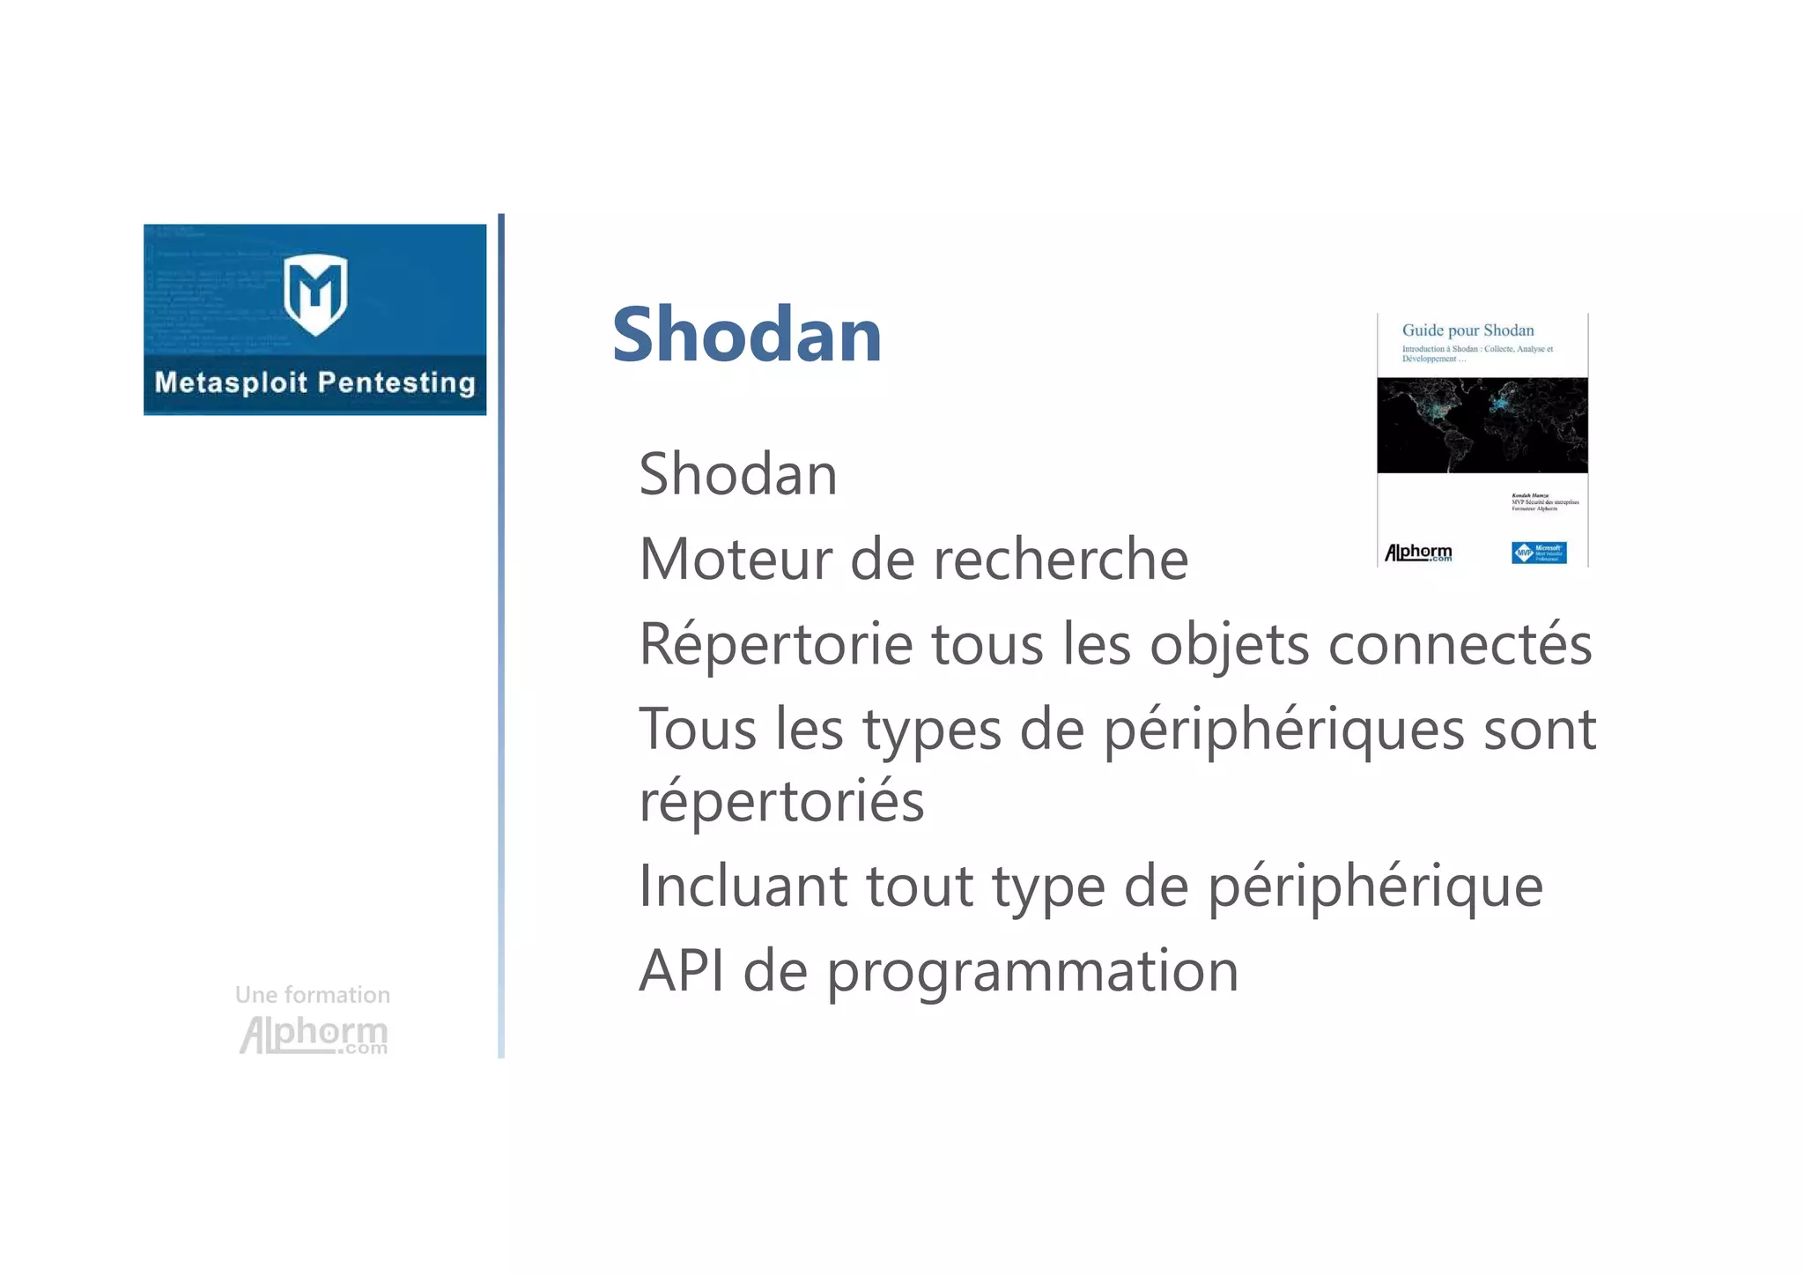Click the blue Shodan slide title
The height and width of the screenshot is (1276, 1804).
[x=746, y=335]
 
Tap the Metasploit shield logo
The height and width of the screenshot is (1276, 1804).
[x=315, y=294]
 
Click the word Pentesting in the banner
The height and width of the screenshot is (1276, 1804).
[x=396, y=382]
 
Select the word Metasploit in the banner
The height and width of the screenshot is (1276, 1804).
[x=231, y=382]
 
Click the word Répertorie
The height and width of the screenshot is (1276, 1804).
[x=775, y=644]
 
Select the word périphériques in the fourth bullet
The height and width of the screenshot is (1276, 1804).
[x=1283, y=731]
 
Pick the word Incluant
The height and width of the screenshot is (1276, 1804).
[x=743, y=886]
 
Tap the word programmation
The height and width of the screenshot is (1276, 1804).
[x=1031, y=972]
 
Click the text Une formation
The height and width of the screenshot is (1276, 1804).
[x=312, y=995]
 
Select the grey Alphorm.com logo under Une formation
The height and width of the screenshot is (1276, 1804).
[x=314, y=1035]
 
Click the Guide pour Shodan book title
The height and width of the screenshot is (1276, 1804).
[x=1468, y=330]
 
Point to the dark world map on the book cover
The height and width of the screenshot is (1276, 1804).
[x=1482, y=425]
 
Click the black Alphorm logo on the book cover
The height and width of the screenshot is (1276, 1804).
[x=1418, y=553]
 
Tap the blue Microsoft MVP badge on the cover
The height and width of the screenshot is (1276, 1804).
[x=1538, y=553]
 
